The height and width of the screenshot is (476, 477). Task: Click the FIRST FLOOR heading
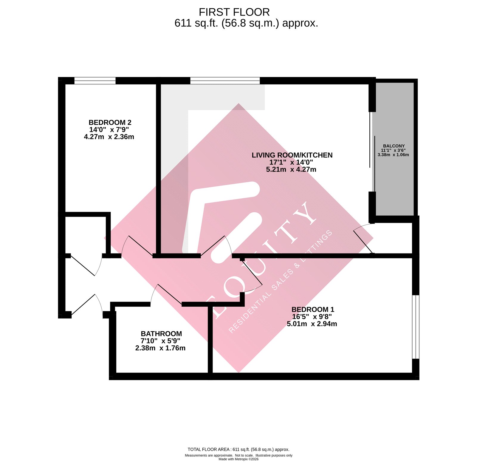(x=234, y=12)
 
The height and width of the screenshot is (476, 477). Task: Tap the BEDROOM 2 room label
(x=110, y=123)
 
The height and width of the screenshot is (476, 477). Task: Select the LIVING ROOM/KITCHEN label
(x=292, y=155)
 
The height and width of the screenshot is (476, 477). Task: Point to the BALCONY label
(x=394, y=146)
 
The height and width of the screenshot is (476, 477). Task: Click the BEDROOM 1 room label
(x=312, y=309)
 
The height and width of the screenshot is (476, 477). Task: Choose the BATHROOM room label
(x=161, y=334)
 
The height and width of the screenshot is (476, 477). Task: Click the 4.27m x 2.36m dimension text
(x=109, y=137)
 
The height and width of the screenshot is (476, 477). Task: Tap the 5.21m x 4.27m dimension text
(x=291, y=169)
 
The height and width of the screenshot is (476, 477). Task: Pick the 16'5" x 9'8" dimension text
(x=312, y=316)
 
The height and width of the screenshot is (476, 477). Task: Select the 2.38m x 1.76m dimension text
(x=160, y=348)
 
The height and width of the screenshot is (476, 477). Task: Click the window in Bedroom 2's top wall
(x=95, y=81)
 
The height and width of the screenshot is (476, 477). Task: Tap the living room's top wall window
(x=225, y=80)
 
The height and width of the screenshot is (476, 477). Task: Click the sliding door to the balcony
(x=372, y=152)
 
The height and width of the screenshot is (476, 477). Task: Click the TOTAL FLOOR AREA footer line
(x=238, y=449)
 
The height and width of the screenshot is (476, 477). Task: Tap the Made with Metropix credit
(x=238, y=459)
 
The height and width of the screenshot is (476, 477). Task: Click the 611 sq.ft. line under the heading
(x=246, y=23)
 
